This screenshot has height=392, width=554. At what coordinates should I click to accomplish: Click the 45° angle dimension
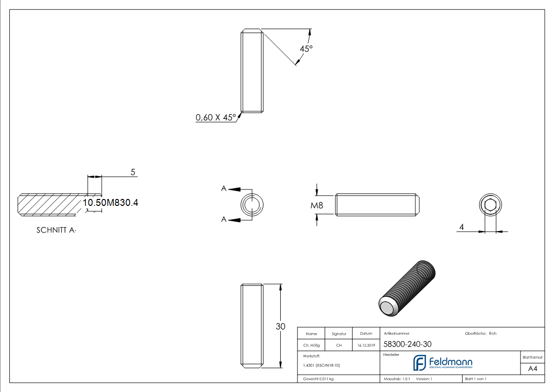[306, 49]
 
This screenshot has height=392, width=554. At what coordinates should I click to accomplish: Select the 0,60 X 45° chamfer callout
[216, 118]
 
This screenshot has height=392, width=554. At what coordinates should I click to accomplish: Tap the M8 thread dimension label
[317, 205]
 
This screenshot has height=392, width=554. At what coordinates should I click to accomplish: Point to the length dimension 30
[281, 326]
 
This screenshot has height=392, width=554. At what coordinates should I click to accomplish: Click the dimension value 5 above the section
[133, 172]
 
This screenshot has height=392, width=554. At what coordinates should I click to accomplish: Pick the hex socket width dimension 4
[461, 227]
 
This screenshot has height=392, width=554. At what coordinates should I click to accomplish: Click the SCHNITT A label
[57, 230]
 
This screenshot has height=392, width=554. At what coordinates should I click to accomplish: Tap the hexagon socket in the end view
[490, 205]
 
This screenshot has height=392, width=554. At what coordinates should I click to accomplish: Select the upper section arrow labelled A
[233, 189]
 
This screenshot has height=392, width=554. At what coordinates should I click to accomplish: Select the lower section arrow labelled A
[233, 220]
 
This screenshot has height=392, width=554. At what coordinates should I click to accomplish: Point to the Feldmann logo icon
[419, 362]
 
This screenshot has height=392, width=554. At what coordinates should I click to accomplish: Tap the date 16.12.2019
[366, 345]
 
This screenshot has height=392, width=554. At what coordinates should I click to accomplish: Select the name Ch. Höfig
[311, 345]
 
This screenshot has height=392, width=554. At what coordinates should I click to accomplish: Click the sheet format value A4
[533, 369]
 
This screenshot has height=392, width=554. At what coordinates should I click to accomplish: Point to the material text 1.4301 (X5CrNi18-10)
[321, 365]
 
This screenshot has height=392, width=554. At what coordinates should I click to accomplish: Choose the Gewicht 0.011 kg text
[318, 379]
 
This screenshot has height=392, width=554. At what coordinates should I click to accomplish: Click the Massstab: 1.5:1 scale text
[398, 379]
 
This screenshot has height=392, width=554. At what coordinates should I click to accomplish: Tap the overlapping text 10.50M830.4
[111, 202]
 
